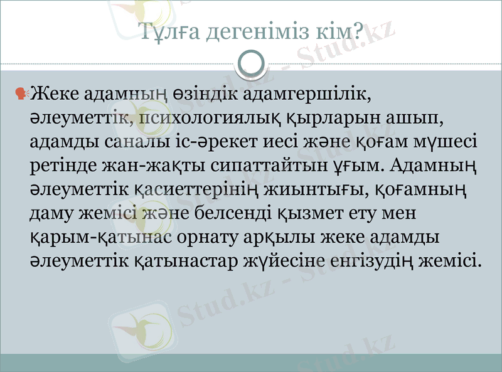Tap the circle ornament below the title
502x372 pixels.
click(251, 63)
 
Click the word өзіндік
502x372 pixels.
click(204, 95)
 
